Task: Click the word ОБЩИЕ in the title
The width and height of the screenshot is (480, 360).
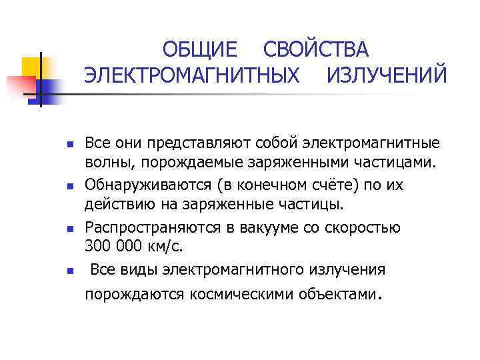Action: pos(200,50)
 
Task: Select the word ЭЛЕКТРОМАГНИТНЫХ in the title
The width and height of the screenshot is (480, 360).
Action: pos(191,75)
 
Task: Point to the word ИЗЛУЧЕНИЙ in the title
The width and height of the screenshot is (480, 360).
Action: pos(387,75)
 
